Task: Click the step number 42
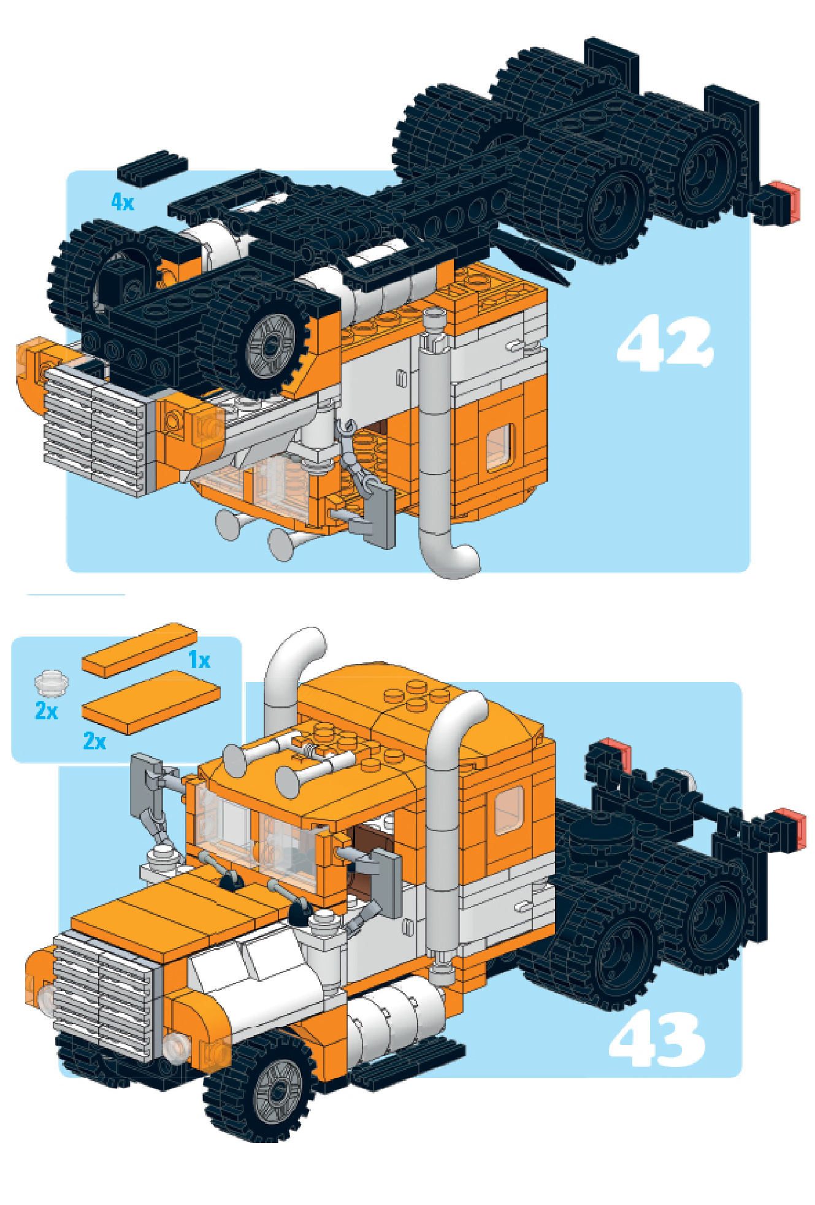click(665, 343)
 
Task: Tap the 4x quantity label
click(122, 201)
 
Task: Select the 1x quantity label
click(199, 660)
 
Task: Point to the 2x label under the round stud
click(47, 711)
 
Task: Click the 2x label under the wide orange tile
click(94, 741)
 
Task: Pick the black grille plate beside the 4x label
click(152, 167)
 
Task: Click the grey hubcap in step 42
click(270, 346)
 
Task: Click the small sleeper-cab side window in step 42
click(500, 448)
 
